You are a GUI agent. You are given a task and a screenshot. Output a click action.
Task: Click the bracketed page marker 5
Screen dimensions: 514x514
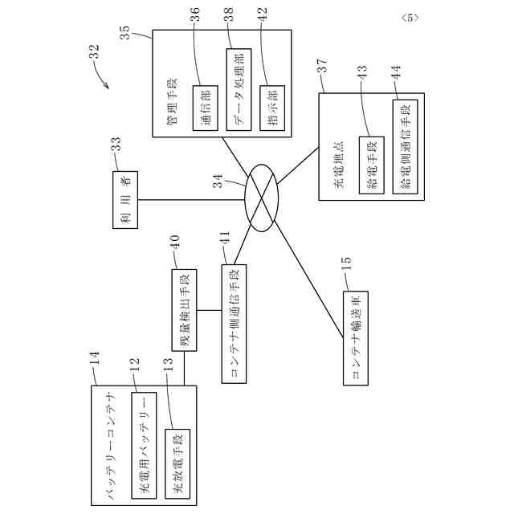(x=409, y=16)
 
